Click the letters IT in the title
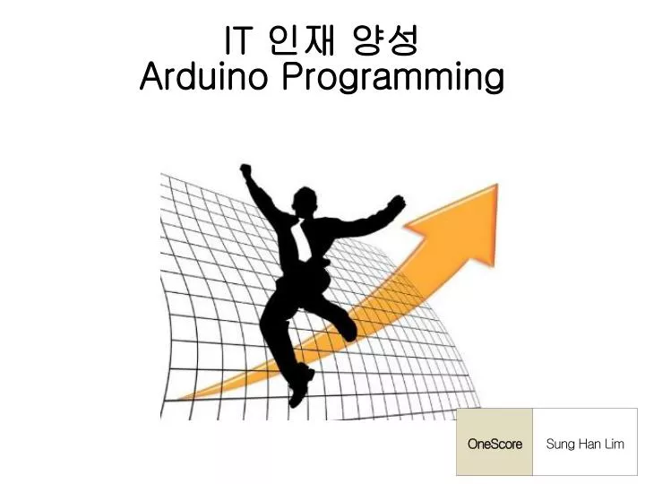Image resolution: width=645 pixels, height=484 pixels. coord(237,40)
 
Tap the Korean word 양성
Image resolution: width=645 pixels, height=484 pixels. coord(386,40)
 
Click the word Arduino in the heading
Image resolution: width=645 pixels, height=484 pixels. coord(203,76)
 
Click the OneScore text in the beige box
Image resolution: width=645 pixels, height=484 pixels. coord(494,444)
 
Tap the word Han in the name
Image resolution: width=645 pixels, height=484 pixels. coord(589,444)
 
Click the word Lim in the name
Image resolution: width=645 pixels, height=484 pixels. coord(615,444)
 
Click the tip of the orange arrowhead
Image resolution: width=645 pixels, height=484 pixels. coord(497,185)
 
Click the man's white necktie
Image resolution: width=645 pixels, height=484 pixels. coord(303,240)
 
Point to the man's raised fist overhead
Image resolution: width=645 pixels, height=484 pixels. coord(245,169)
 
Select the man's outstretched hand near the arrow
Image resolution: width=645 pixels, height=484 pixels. coord(396,203)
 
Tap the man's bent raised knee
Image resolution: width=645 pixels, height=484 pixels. coord(349,329)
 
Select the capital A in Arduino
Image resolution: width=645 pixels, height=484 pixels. coord(152,76)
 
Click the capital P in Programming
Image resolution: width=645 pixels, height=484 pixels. coord(293,76)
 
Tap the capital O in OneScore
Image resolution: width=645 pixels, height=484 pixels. coord(473,444)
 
